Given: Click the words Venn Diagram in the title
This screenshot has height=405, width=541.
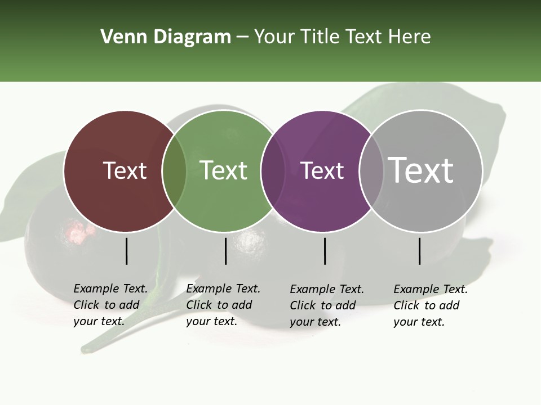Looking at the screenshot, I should click(166, 37).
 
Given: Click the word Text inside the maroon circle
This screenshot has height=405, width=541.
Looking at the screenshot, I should click(125, 170).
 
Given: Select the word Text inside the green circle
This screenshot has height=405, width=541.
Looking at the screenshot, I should click(224, 170).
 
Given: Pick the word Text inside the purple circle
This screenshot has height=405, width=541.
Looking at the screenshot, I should click(322, 170).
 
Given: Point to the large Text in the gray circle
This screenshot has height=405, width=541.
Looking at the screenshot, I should click(421, 170).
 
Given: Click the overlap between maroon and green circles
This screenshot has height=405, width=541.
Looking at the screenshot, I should click(174, 170).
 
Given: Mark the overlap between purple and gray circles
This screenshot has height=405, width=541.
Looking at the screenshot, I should click(368, 170).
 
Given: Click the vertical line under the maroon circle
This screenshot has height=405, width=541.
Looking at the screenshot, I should click(127, 251).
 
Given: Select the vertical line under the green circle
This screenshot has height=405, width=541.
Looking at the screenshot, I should click(225, 251).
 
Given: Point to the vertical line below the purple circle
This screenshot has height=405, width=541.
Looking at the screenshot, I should click(325, 251).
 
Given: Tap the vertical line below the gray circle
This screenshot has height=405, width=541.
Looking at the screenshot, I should click(420, 251).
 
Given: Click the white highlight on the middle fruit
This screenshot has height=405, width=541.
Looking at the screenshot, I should click(248, 242).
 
